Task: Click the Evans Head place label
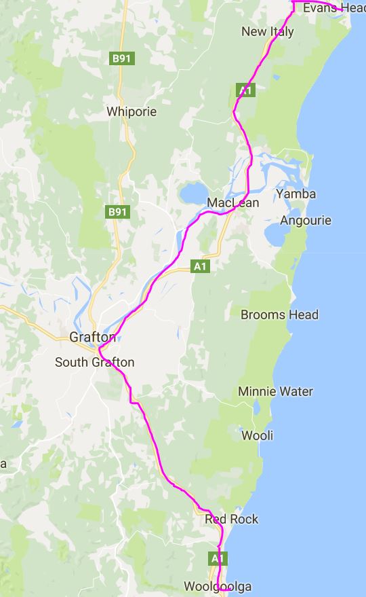point(333,7)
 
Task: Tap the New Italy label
point(268,31)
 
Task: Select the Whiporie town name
point(131,111)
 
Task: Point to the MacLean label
point(233,203)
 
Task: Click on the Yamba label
point(296,194)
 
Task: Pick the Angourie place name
point(306,221)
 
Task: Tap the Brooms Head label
point(279,315)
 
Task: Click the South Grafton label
point(94,362)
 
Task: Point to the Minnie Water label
point(275,391)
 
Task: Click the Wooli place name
point(258,435)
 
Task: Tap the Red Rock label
point(231,519)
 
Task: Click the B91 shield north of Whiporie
point(121,58)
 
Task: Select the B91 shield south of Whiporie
point(117,212)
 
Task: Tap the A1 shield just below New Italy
point(245,90)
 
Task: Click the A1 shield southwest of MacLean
point(199,266)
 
